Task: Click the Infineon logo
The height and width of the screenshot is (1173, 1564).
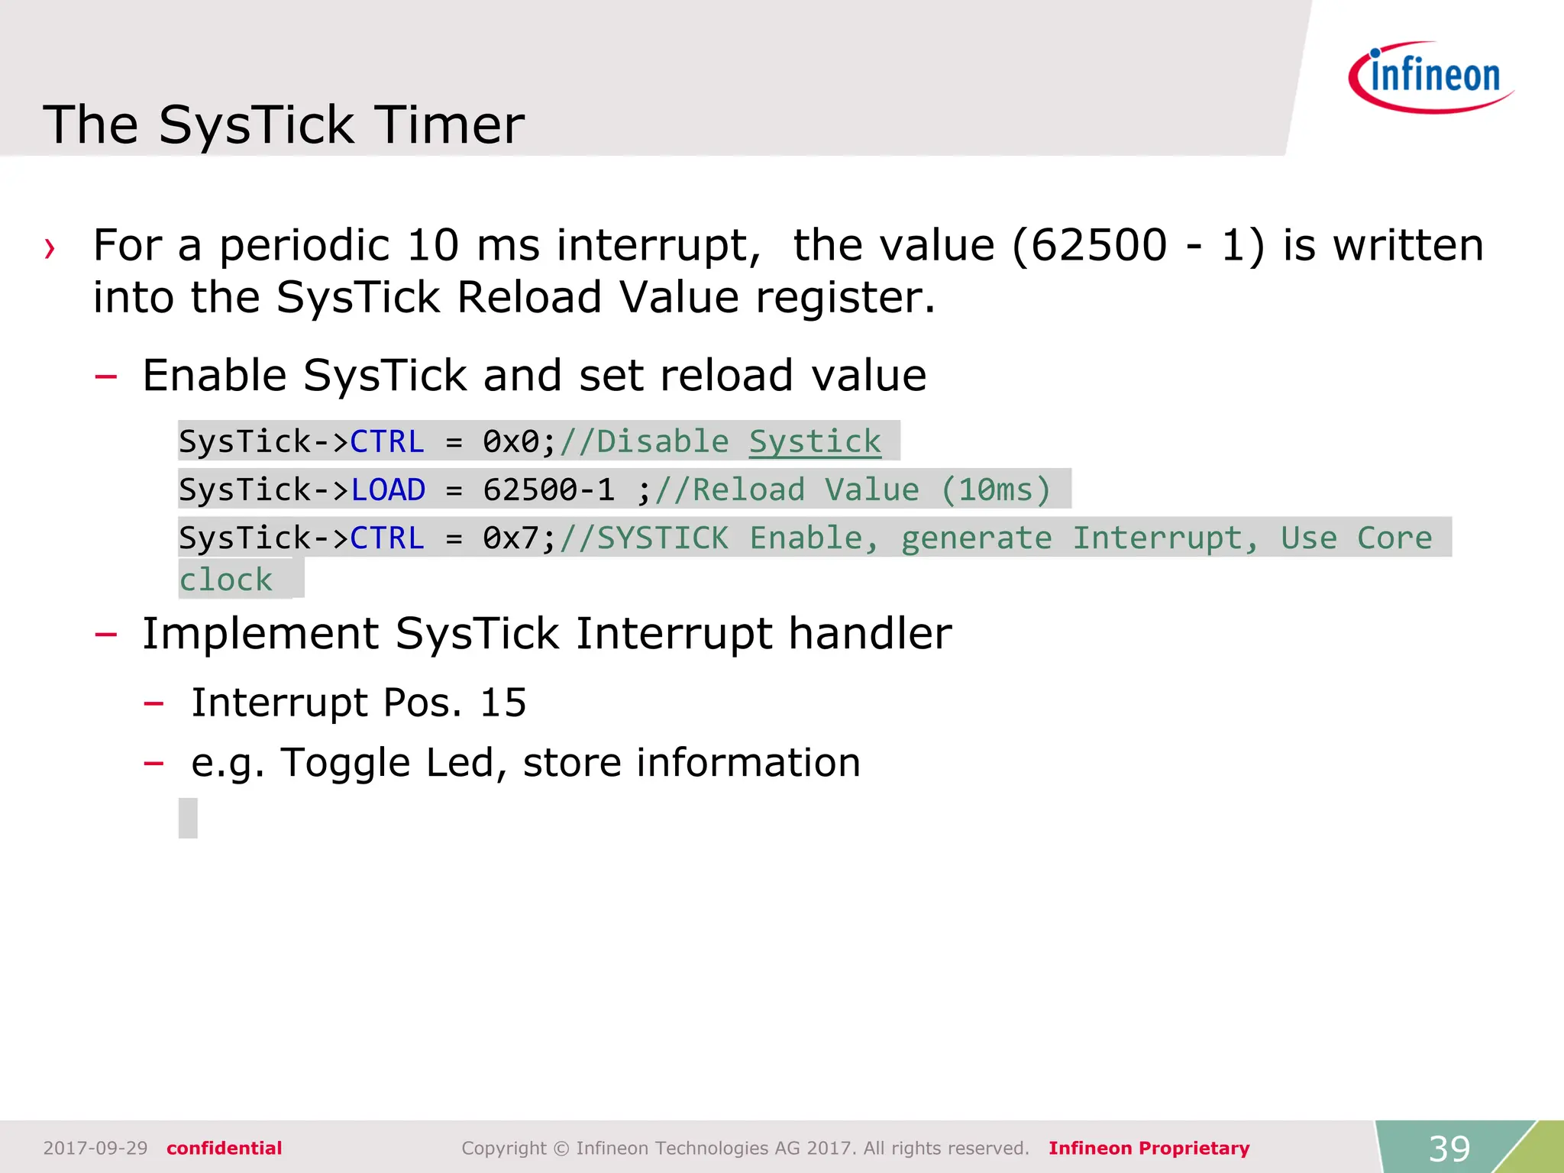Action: pyautogui.click(x=1432, y=77)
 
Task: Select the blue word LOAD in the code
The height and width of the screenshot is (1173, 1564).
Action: pyautogui.click(x=387, y=490)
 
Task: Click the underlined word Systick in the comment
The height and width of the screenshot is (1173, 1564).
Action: pyautogui.click(x=814, y=441)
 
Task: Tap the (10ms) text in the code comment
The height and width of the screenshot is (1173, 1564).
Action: pyautogui.click(x=996, y=490)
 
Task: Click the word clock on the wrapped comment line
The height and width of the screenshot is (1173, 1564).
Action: pyautogui.click(x=225, y=580)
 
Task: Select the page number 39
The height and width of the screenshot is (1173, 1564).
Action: pyautogui.click(x=1449, y=1148)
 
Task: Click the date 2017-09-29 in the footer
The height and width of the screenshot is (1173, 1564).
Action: pyautogui.click(x=95, y=1148)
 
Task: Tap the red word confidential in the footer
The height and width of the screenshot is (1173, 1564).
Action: pyautogui.click(x=224, y=1148)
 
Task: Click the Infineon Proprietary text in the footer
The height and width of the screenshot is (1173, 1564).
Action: pyautogui.click(x=1149, y=1148)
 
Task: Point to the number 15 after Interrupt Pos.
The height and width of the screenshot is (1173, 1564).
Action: pyautogui.click(x=502, y=703)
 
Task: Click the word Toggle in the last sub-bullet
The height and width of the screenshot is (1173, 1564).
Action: pyautogui.click(x=345, y=763)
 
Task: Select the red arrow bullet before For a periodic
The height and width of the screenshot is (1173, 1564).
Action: pyautogui.click(x=50, y=248)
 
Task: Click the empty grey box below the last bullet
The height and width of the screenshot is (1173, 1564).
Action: pyautogui.click(x=188, y=818)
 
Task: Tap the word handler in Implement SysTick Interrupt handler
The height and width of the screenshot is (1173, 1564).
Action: pyautogui.click(x=870, y=634)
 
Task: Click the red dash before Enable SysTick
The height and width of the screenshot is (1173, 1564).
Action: pyautogui.click(x=105, y=376)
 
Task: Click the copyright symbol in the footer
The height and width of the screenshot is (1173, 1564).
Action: pyautogui.click(x=561, y=1148)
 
